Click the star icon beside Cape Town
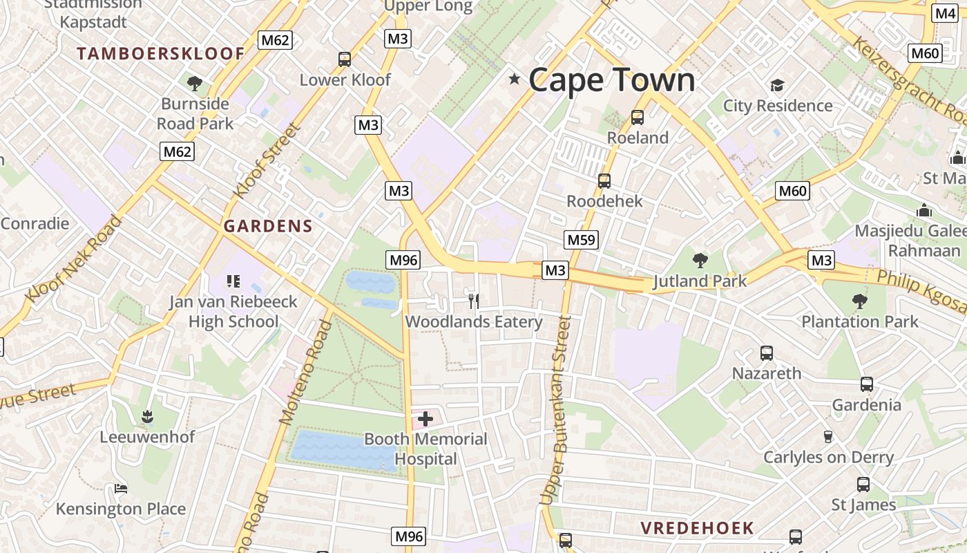click(x=514, y=79)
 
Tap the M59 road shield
click(x=581, y=240)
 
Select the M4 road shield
click(x=945, y=13)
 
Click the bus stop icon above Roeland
click(x=637, y=118)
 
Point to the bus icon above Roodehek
click(x=604, y=181)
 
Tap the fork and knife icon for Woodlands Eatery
click(x=474, y=301)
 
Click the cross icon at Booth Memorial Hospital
click(x=425, y=418)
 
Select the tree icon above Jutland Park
click(x=700, y=261)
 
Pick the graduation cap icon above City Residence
click(x=778, y=86)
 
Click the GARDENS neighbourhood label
click(x=268, y=226)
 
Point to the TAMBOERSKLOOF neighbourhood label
click(x=160, y=53)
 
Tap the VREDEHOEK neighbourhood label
click(x=697, y=528)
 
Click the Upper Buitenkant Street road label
click(x=557, y=409)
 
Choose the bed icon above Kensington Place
click(x=121, y=489)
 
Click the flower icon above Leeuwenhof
click(x=147, y=416)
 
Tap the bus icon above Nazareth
click(x=766, y=353)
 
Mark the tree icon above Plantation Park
click(x=859, y=301)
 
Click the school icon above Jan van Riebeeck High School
click(x=233, y=281)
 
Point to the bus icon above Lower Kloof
click(x=345, y=59)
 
